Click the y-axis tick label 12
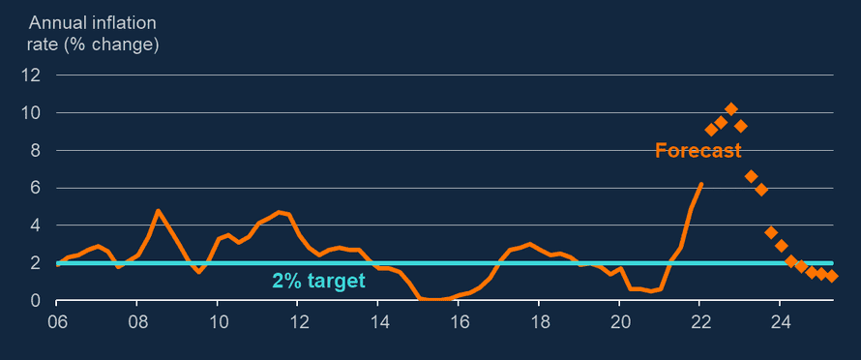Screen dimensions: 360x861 click(32, 75)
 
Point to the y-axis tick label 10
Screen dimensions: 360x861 click(32, 112)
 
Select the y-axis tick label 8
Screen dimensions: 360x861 click(35, 150)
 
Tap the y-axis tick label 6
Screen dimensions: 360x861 click(35, 188)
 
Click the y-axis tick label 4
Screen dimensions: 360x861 click(35, 225)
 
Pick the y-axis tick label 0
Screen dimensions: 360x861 click(35, 301)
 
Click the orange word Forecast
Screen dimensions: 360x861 click(698, 151)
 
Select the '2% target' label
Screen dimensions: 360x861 click(318, 282)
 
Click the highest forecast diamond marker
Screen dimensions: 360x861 click(731, 108)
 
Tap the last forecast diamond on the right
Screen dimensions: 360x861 click(831, 277)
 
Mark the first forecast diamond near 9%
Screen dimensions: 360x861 click(711, 130)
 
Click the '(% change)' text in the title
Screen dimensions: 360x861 click(114, 45)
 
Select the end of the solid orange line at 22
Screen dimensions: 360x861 click(701, 184)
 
